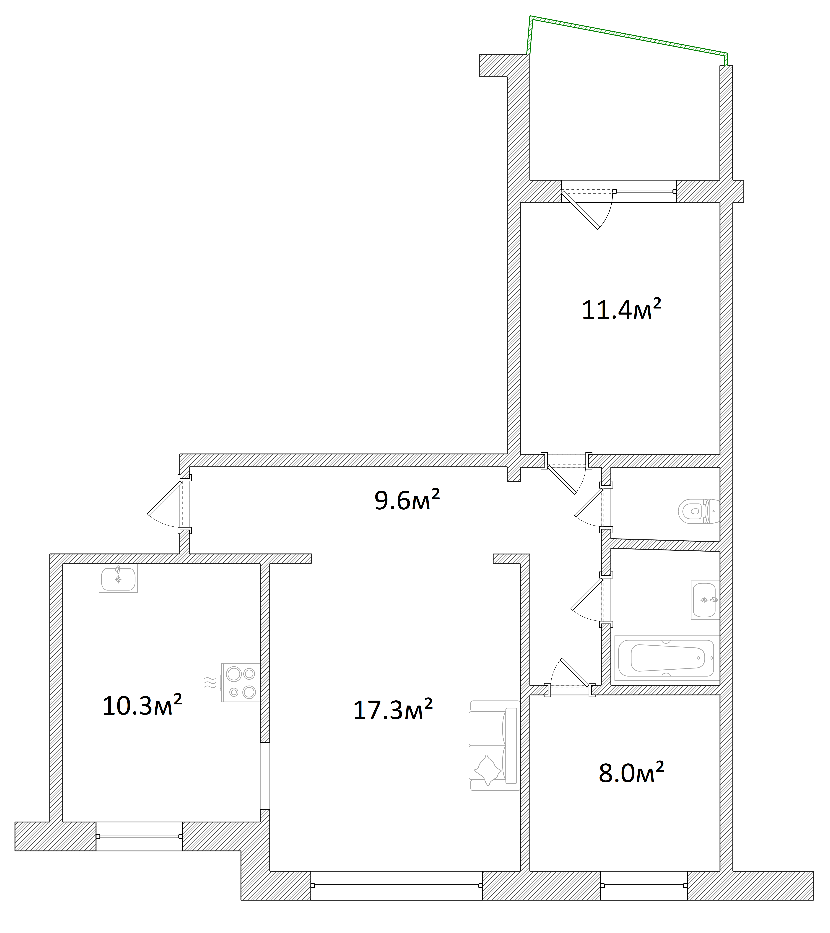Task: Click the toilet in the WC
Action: point(699,511)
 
